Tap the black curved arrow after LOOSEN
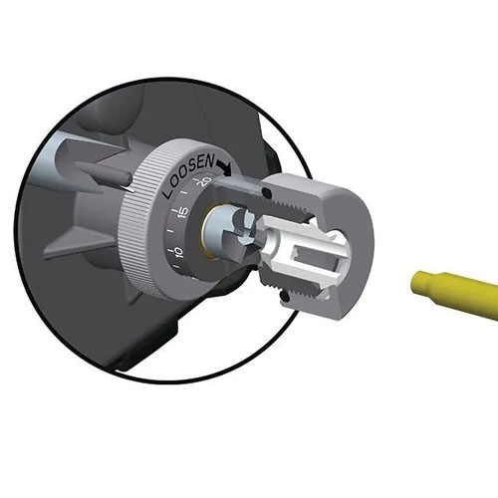[x=225, y=166]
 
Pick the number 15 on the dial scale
[x=183, y=212]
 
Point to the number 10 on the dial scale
[x=178, y=252]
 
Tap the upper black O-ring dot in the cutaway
[x=265, y=191]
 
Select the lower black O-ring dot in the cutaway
[x=283, y=295]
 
